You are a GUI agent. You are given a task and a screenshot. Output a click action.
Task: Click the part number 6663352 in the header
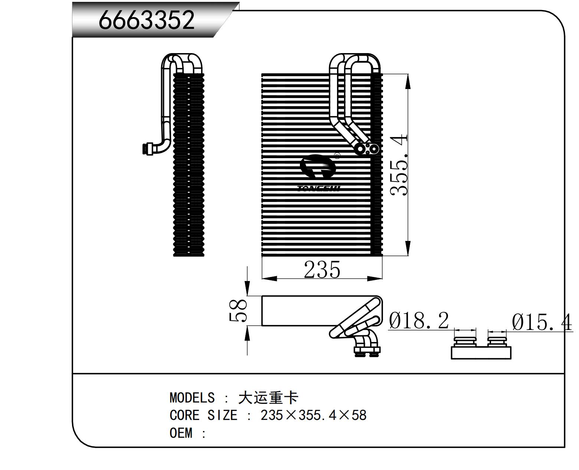click(x=147, y=20)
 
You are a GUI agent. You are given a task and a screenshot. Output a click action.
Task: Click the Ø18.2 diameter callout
click(x=419, y=320)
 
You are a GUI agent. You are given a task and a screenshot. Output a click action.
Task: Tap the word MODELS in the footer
click(x=192, y=398)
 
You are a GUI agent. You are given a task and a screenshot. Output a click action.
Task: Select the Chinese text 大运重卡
click(x=268, y=398)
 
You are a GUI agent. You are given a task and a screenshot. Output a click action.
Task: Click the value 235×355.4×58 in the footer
click(x=313, y=415)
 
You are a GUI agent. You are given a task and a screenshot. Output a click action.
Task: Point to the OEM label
click(x=181, y=433)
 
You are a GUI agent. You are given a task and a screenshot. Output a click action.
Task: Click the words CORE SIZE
click(x=203, y=415)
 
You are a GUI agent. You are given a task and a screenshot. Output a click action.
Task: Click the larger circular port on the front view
click(x=360, y=149)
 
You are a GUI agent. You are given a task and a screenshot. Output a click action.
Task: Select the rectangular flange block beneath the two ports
click(x=481, y=352)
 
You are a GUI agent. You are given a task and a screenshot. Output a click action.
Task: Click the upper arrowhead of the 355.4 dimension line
click(x=408, y=81)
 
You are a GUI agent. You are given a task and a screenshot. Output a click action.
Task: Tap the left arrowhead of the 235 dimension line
click(x=269, y=278)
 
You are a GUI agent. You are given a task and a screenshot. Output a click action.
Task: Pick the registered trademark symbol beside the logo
click(x=337, y=156)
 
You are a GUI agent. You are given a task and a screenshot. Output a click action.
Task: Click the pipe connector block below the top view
click(x=367, y=350)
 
